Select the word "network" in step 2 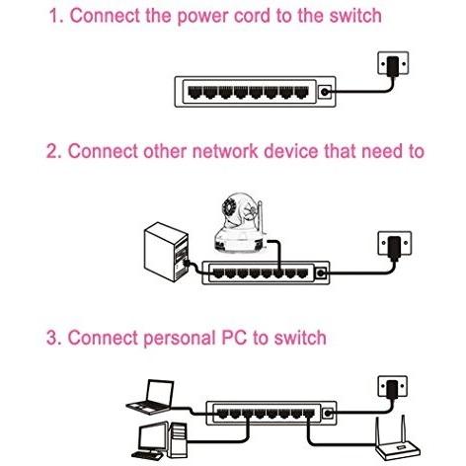225,151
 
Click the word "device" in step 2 291,151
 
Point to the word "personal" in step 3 180,339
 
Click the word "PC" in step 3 234,338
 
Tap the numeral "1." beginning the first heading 56,16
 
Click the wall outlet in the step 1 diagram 393,62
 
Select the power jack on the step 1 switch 325,92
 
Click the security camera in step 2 239,224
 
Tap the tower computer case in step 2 167,252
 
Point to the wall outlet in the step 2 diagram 395,243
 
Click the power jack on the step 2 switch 321,272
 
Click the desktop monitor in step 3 153,437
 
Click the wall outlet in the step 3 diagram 392,386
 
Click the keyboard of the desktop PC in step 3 147,456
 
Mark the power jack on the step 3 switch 328,413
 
